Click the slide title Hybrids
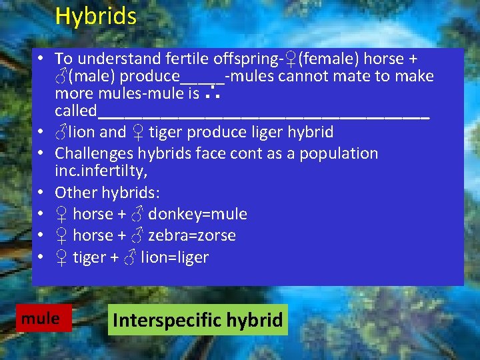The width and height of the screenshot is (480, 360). pos(95,16)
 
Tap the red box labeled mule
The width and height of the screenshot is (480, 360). pos(40,319)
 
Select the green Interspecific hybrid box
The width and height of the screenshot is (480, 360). pos(197,320)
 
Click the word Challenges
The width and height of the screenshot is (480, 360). pos(94,153)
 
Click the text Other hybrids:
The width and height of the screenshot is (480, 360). pos(107,193)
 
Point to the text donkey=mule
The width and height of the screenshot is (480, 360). pos(197,214)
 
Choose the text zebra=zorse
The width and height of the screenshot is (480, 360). pos(192,235)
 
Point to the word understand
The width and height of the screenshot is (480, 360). pos(112,59)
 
